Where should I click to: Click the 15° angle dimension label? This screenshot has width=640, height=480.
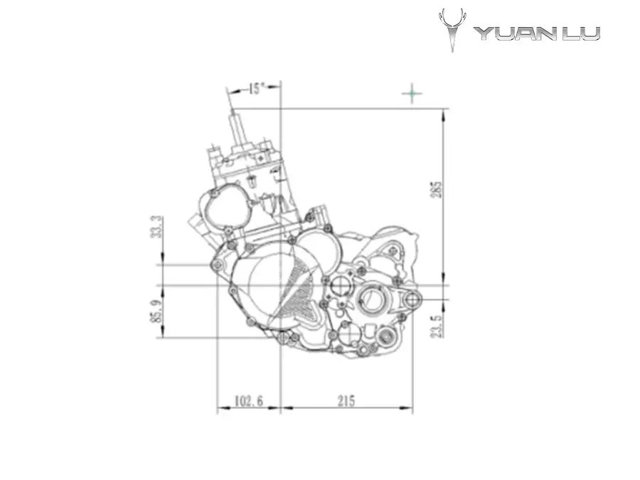[256, 88]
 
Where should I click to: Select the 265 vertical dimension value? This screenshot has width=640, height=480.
[437, 189]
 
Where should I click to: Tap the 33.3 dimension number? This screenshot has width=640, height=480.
[157, 227]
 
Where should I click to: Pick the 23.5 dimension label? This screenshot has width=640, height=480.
[437, 326]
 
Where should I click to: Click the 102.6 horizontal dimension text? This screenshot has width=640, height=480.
[249, 401]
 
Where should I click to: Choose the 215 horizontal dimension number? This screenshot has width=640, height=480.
[346, 401]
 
